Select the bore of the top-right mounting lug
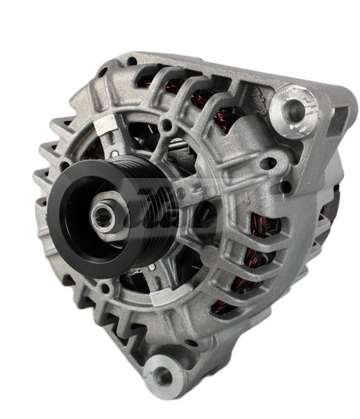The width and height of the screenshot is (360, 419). pos(292,106)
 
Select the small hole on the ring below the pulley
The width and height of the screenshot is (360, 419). pos(105,286)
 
